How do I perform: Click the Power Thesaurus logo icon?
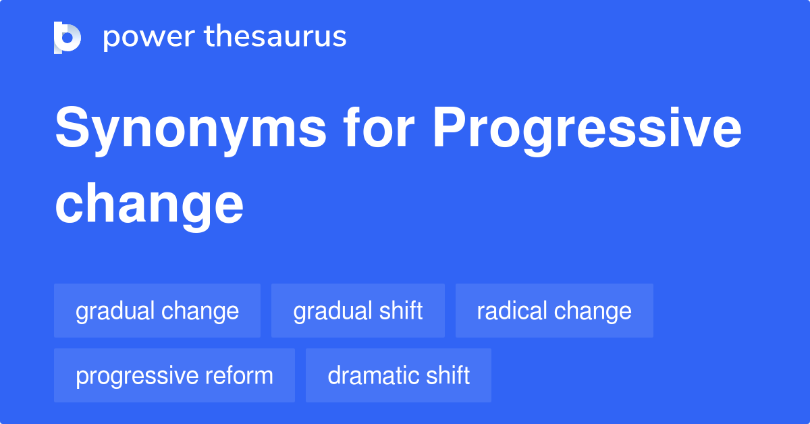tap(67, 37)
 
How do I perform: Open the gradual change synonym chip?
tap(157, 311)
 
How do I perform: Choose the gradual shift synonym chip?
tap(358, 311)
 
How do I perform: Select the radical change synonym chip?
tap(554, 311)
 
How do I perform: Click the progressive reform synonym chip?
tap(174, 375)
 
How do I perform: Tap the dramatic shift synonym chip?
tap(398, 375)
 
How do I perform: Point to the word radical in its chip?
tap(512, 311)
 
